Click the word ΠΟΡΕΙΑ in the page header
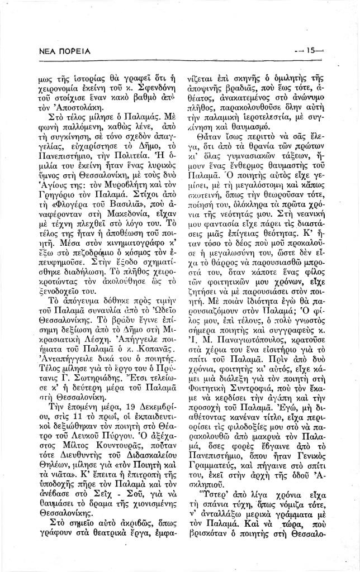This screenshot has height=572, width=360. tap(73, 51)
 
